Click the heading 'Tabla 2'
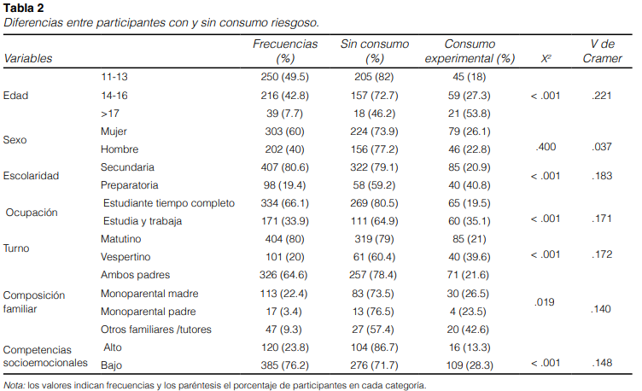[x=22, y=9]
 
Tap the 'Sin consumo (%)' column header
[x=375, y=50]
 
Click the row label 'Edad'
[x=15, y=95]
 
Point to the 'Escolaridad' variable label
[x=31, y=176]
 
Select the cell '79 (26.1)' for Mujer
[x=470, y=131]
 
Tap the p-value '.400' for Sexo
[x=546, y=147]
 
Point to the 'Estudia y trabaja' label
[x=143, y=220]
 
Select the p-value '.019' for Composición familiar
[x=546, y=301]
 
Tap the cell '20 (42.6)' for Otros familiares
[x=470, y=328]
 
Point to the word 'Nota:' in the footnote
[x=14, y=384]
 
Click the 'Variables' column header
[x=28, y=58]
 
